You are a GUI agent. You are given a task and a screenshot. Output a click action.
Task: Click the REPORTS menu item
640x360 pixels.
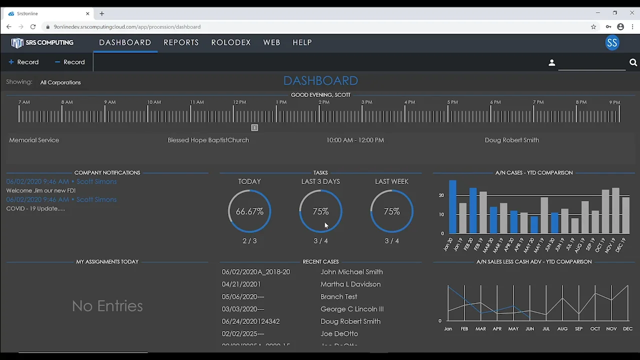[181, 42]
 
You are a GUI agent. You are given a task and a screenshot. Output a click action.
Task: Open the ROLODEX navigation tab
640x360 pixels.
[231, 42]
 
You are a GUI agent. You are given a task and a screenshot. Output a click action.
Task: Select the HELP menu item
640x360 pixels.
[302, 42]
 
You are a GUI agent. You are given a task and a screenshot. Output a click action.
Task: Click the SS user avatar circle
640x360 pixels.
[612, 42]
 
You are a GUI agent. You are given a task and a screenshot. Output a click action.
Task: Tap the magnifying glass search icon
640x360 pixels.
[633, 62]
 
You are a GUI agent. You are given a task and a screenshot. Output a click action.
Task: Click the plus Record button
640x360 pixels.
[23, 62]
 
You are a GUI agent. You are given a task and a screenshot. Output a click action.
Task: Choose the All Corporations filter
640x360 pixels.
[60, 82]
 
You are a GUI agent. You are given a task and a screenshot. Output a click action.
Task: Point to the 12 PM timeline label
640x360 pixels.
[239, 102]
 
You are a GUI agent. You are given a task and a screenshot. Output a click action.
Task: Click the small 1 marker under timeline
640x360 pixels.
[254, 128]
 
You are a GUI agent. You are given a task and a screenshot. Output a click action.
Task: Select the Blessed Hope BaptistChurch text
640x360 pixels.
[208, 140]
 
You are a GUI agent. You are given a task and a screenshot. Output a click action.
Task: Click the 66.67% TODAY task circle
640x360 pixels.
[249, 211]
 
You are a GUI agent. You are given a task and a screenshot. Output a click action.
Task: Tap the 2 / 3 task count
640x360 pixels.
[249, 241]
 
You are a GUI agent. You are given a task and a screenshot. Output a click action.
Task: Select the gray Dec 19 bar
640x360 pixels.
[625, 215]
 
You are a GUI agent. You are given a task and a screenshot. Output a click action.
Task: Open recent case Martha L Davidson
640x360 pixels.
[350, 284]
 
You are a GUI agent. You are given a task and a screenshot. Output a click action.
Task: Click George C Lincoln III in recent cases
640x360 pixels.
[352, 309]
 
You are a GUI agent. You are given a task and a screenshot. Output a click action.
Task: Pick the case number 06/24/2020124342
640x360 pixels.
[250, 321]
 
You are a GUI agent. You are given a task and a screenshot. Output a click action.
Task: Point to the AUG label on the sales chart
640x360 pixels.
[562, 329]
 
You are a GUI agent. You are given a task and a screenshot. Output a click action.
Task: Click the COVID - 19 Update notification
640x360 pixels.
[35, 208]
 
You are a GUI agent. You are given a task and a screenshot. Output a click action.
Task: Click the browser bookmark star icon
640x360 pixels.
[593, 27]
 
